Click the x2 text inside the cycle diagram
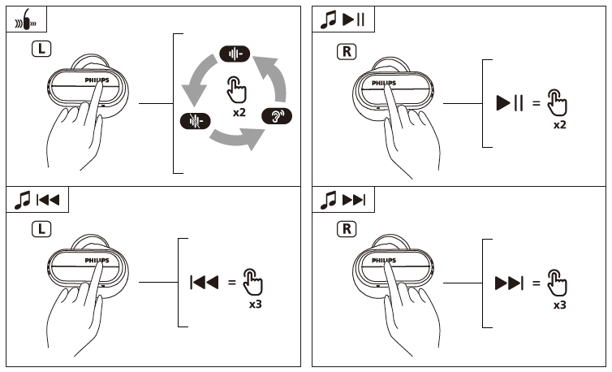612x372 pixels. pyautogui.click(x=239, y=111)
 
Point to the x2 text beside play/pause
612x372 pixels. pyautogui.click(x=559, y=127)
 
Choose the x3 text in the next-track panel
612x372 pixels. pyautogui.click(x=559, y=305)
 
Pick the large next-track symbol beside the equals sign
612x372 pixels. pyautogui.click(x=510, y=283)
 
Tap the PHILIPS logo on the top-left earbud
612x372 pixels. pyautogui.click(x=96, y=81)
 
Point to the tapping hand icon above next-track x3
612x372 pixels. pyautogui.click(x=557, y=282)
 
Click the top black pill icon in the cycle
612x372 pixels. pyautogui.click(x=236, y=54)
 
